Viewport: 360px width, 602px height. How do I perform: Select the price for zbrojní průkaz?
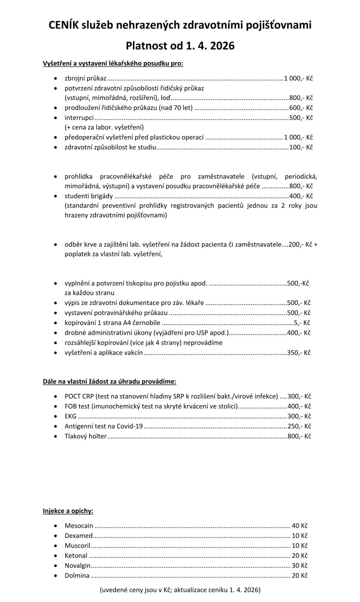298,78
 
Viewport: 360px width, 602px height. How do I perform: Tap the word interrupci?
79,118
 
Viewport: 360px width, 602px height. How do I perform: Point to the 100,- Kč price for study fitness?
301,147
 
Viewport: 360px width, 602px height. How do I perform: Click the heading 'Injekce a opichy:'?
68,511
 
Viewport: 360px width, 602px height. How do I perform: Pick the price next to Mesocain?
300,526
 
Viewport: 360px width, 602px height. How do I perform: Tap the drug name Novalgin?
77,566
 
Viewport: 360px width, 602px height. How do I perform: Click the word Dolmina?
77,576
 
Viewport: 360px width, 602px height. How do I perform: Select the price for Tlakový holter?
299,436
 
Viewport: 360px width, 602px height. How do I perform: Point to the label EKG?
70,416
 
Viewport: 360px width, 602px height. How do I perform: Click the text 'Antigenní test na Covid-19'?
104,426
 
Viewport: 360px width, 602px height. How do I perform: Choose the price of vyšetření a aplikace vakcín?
299,353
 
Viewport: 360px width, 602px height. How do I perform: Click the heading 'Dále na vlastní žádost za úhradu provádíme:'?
109,382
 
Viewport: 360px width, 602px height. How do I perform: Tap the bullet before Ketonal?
55,556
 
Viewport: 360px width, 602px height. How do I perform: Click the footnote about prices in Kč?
180,590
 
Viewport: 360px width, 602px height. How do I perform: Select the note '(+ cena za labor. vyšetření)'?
104,127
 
